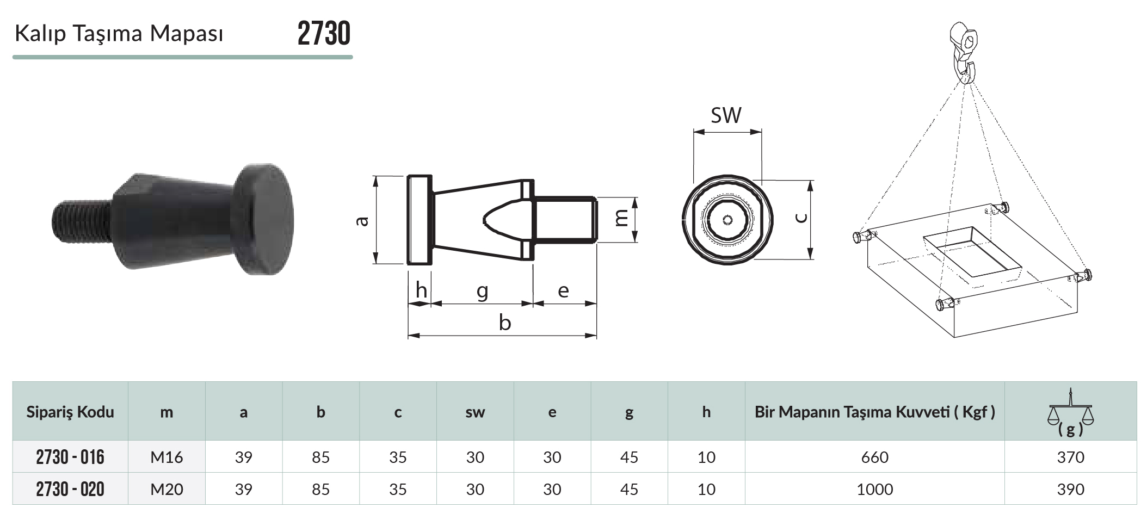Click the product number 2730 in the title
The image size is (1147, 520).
pyautogui.click(x=324, y=34)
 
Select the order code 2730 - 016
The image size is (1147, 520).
pyautogui.click(x=70, y=457)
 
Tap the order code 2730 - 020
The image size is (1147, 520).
pyautogui.click(x=70, y=489)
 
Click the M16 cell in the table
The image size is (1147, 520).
pyautogui.click(x=166, y=457)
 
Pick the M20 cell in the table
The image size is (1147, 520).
pyautogui.click(x=166, y=490)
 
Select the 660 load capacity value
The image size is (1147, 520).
pyautogui.click(x=874, y=457)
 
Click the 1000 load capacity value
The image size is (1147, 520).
pyautogui.click(x=874, y=490)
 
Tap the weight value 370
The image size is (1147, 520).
pyautogui.click(x=1070, y=457)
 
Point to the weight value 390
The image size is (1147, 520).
pyautogui.click(x=1070, y=490)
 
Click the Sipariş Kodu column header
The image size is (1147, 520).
pyautogui.click(x=70, y=412)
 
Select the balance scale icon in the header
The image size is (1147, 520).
pyautogui.click(x=1070, y=412)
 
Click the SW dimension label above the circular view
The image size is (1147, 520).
pyautogui.click(x=726, y=115)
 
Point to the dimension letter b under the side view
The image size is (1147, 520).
pyautogui.click(x=504, y=323)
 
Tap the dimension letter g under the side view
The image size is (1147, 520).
pyautogui.click(x=482, y=292)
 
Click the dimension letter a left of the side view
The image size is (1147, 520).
pyautogui.click(x=362, y=221)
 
